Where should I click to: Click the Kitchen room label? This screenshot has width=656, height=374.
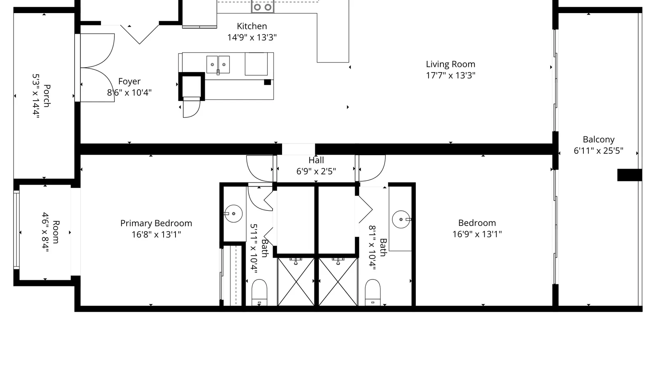[x=252, y=26]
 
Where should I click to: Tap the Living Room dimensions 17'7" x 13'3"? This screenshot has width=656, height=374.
[x=451, y=75]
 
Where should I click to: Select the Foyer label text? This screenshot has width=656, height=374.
[x=129, y=81]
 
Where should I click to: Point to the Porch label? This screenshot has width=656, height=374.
[x=47, y=96]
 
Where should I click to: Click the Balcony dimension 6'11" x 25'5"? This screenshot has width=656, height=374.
[x=598, y=151]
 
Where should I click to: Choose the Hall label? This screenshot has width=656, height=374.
[x=316, y=160]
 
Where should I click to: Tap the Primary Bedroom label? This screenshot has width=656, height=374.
[x=156, y=223]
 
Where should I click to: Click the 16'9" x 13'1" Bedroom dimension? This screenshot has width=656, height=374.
[x=477, y=234]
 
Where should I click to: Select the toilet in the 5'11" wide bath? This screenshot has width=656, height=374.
[x=260, y=293]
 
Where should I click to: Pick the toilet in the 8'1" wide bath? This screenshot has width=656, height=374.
[x=373, y=293]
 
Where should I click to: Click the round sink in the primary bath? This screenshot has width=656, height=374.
[x=233, y=214]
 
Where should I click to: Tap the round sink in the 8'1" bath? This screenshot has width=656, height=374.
[x=401, y=219]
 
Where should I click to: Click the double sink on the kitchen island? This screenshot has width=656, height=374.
[x=218, y=65]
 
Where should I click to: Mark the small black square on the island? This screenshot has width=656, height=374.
[x=267, y=82]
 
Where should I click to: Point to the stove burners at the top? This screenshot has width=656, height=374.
[x=263, y=7]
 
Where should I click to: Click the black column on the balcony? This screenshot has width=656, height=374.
[x=630, y=175]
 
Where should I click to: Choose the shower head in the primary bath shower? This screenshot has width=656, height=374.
[x=296, y=261]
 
